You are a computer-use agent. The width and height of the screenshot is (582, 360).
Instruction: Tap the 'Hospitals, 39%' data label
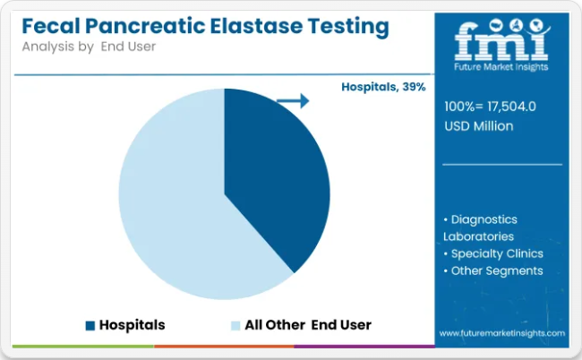pos(383,87)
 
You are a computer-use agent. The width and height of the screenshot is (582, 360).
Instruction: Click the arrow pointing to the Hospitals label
pos(293,100)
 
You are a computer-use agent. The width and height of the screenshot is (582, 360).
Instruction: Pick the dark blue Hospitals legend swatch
pos(90,325)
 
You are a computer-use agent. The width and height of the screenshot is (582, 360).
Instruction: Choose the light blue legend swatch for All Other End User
pos(235,325)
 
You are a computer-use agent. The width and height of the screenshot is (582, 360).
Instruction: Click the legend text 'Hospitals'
pos(133,325)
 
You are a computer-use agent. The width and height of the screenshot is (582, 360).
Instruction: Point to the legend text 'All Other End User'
pos(308,325)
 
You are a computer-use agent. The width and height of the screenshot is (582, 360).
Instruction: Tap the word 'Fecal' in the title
pos(51,26)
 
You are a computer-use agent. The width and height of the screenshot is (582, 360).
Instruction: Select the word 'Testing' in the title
pos(348,27)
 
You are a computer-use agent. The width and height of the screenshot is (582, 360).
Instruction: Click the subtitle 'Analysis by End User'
pos(89,47)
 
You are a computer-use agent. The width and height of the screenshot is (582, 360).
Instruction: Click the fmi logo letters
pos(501,40)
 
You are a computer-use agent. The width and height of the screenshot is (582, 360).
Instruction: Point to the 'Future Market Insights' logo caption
pos(501,67)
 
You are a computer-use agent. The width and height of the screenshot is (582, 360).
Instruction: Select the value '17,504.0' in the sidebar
pos(512,107)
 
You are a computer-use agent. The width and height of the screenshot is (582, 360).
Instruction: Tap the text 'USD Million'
pos(479,126)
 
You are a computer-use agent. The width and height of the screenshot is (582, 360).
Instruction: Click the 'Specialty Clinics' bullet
pos(493,253)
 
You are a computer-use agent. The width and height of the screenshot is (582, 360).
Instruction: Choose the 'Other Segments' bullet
pos(493,271)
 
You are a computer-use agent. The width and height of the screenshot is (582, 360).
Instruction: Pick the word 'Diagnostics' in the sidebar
pos(484,219)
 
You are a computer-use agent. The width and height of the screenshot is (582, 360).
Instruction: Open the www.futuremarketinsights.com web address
pos(502,333)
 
